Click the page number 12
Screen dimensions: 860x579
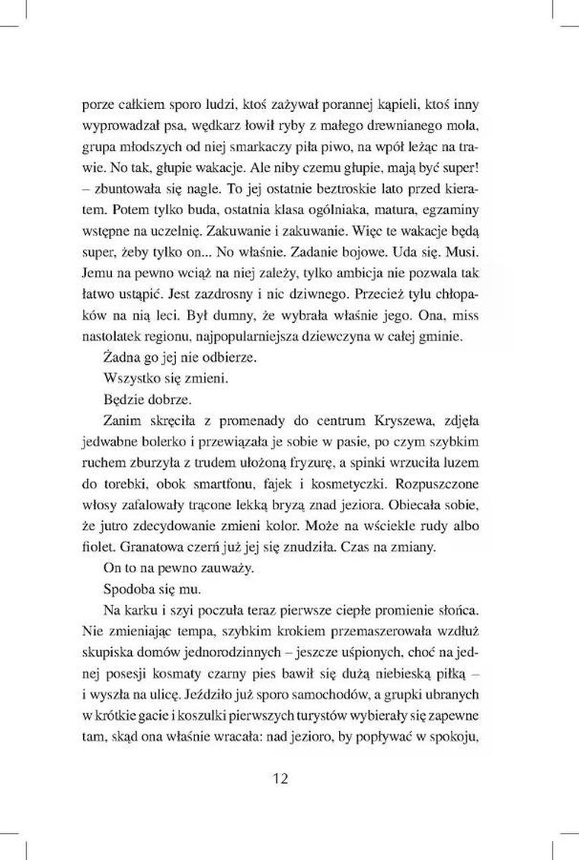point(279,778)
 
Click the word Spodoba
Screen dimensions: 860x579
point(126,590)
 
